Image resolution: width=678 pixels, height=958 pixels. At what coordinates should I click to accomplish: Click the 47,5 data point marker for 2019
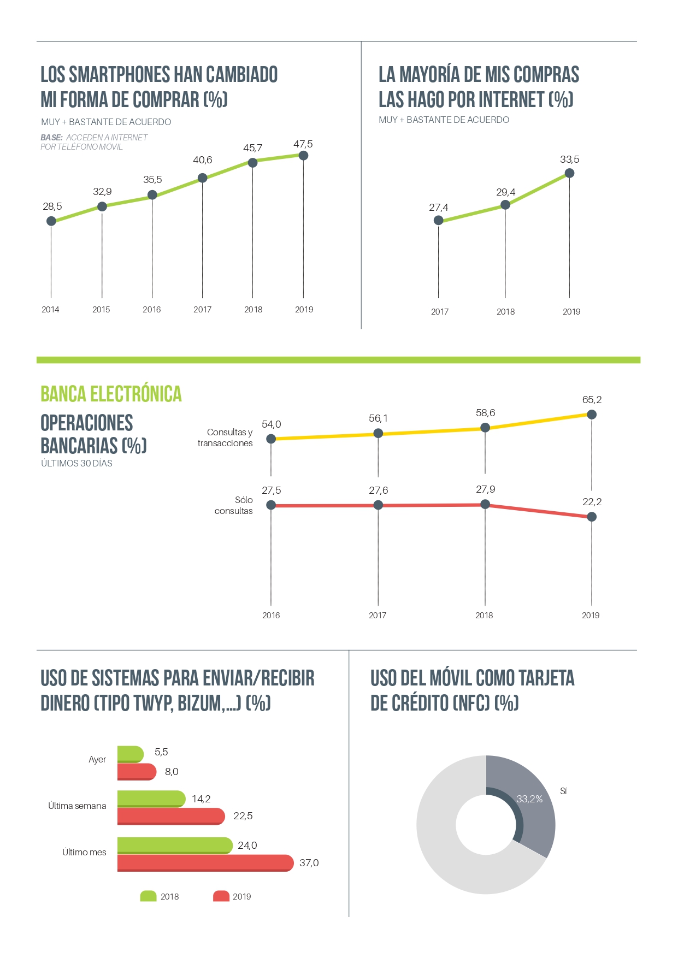[304, 156]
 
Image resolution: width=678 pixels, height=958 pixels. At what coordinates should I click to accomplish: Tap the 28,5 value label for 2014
[52, 206]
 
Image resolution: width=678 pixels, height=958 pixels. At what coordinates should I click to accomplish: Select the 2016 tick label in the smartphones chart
[152, 310]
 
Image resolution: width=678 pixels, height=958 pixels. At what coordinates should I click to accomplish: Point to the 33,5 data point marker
[569, 173]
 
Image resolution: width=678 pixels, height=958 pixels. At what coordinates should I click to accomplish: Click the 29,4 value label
[505, 192]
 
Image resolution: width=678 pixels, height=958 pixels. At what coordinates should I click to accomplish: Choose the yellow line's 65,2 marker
[592, 415]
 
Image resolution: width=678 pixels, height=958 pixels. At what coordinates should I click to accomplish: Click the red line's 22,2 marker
[592, 517]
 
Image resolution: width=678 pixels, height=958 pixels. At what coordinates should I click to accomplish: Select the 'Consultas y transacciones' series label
[225, 437]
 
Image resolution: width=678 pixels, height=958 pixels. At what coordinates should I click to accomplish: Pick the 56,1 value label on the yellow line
[378, 418]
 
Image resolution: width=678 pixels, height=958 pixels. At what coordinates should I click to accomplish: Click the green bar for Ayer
[130, 754]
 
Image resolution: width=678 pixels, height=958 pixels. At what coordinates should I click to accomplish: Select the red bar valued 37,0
[205, 863]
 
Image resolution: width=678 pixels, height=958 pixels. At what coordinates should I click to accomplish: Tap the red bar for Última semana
[170, 816]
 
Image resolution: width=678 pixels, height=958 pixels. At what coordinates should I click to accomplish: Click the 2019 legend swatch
[221, 896]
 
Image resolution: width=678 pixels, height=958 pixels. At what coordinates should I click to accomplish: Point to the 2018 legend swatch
[149, 896]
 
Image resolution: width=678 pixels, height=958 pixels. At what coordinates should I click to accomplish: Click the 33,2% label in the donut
[529, 799]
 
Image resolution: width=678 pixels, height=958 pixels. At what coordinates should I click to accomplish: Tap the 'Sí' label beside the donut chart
[563, 791]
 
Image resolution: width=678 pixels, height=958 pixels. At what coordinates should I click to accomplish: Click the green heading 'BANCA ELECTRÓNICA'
[111, 394]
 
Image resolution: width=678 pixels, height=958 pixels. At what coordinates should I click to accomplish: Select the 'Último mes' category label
[84, 852]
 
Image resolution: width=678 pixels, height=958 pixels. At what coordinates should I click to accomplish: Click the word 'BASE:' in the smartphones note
[51, 138]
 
